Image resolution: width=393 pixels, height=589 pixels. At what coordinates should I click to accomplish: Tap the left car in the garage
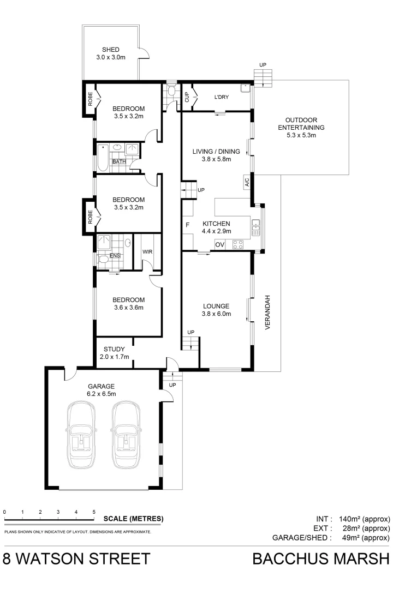82,434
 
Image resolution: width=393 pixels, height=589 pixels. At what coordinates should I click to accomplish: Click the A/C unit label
246,181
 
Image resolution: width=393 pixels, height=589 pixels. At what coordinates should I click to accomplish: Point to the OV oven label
220,245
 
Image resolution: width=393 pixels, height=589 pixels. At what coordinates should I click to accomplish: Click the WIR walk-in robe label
147,252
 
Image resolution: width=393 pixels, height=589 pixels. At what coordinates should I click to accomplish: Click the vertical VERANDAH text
268,314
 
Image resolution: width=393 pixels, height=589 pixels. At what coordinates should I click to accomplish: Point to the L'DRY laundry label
221,97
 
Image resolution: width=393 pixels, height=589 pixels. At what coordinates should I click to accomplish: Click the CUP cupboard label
187,97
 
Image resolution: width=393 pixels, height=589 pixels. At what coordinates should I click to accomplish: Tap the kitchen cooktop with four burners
237,245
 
